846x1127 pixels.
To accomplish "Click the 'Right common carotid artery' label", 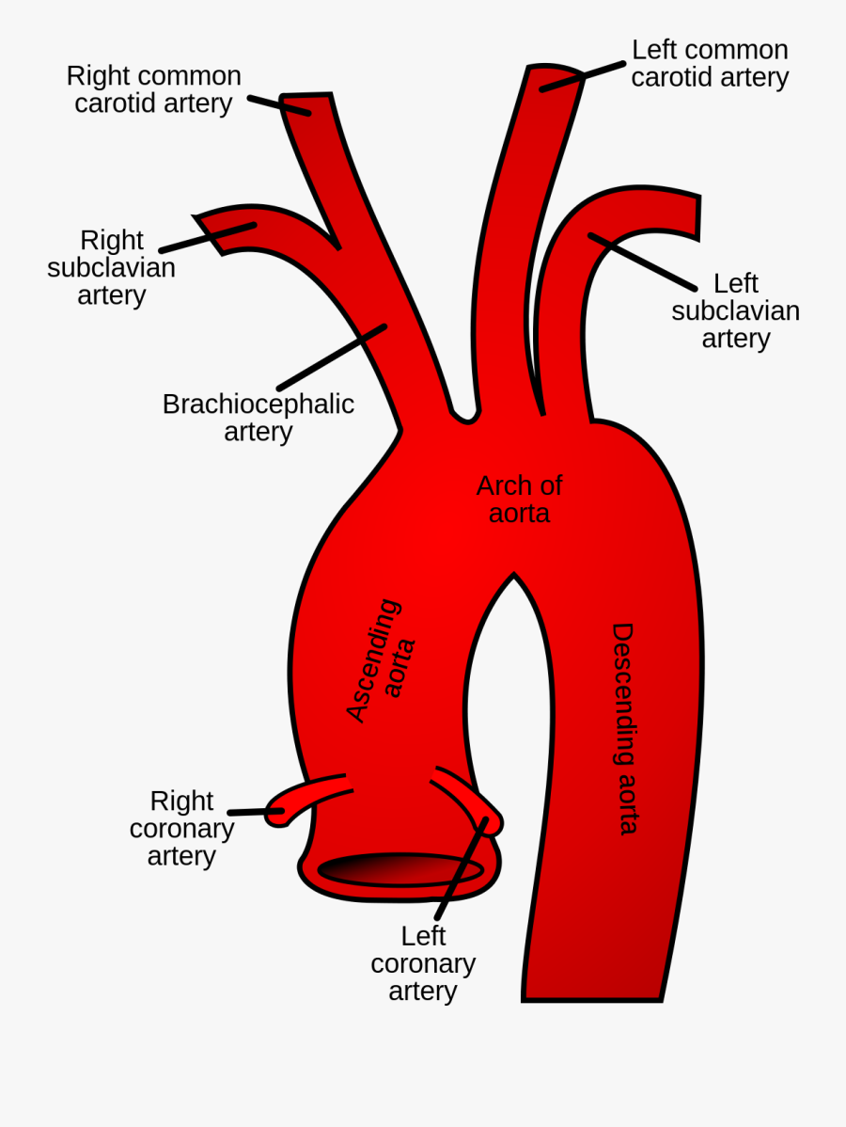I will coord(153,89).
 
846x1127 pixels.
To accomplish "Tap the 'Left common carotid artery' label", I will coord(710,63).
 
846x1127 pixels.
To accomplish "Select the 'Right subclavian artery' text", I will coord(111,267).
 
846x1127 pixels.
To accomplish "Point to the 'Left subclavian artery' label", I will coord(735,310).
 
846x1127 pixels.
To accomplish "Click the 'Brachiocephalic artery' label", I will coord(258,417).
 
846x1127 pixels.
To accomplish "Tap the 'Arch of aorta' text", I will coord(519,499).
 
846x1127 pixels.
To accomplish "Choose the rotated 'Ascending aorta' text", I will coord(381,660).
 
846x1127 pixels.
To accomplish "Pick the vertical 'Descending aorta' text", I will coord(624,728).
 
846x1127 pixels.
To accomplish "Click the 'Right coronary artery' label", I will coord(181,828).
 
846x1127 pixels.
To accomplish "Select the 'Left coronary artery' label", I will coord(423,963).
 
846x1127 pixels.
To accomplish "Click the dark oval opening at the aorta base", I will coord(401,870).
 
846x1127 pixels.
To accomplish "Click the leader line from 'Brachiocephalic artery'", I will coord(332,357).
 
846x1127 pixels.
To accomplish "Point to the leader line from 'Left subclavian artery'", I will coord(643,262).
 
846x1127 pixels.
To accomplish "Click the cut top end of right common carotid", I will coord(306,96).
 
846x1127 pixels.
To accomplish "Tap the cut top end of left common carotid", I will coord(556,71).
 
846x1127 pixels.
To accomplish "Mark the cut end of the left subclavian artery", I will coord(697,216).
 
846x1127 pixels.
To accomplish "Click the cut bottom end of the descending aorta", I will coord(592,999).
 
